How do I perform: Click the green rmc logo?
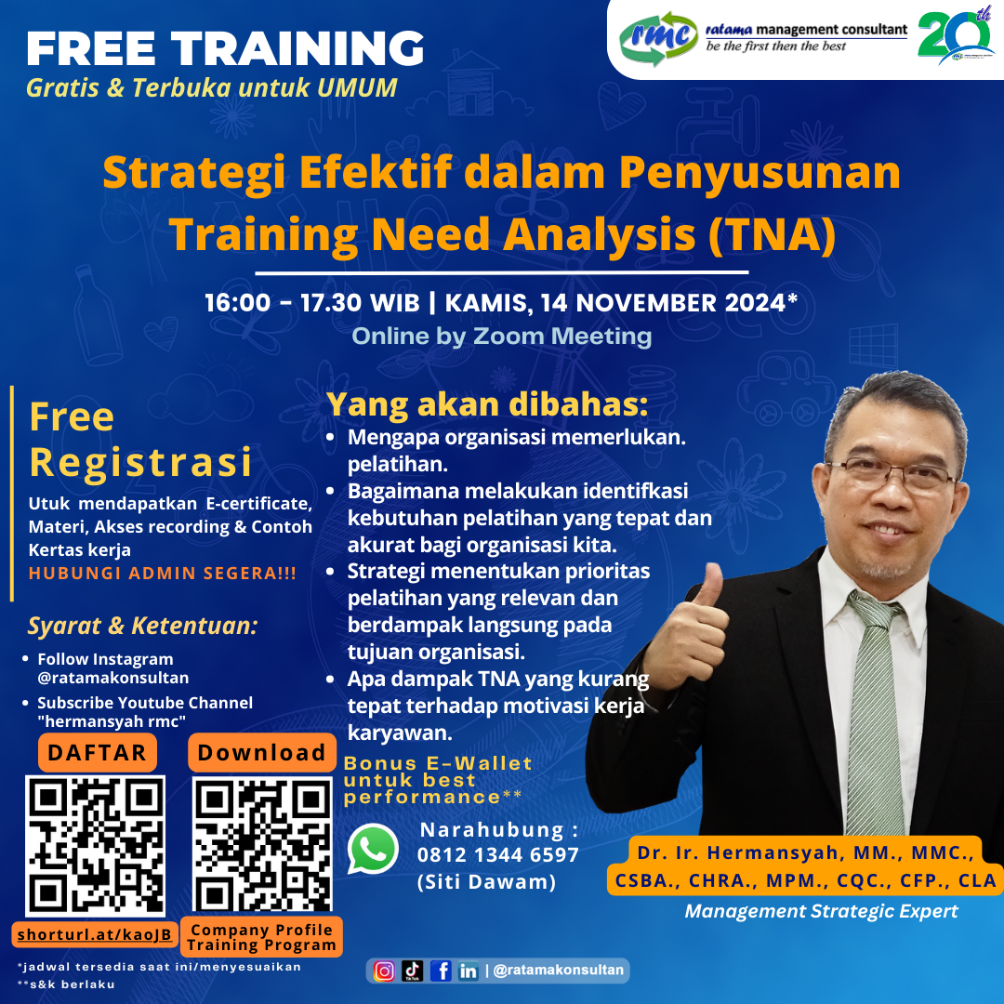click(x=659, y=38)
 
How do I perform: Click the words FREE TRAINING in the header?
click(x=225, y=48)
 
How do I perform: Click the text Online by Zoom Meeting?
click(x=501, y=336)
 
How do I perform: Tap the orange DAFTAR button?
click(x=98, y=753)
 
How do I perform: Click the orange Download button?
click(x=261, y=753)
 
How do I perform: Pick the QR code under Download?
click(x=262, y=844)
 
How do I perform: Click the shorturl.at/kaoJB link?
click(x=95, y=933)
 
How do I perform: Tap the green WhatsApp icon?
click(x=374, y=849)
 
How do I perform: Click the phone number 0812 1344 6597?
click(x=498, y=854)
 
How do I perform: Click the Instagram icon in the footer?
click(x=384, y=971)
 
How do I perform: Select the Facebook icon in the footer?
click(x=442, y=971)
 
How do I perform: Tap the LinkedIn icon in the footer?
click(x=469, y=971)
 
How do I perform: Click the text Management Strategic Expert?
click(x=821, y=911)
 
